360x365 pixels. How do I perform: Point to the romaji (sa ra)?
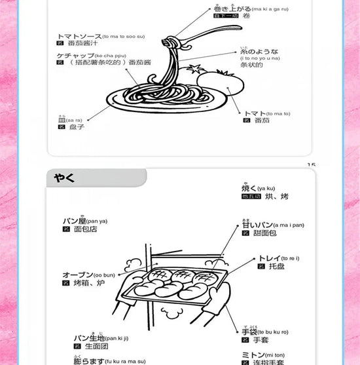pyautogui.click(x=75, y=121)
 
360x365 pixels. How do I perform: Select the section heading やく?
pyautogui.click(x=65, y=178)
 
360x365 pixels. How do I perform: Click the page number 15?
pyautogui.click(x=311, y=165)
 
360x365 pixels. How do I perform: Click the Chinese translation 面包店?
pyautogui.click(x=85, y=229)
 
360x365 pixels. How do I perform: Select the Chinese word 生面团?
pyautogui.click(x=90, y=345)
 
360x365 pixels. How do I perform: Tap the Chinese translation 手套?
pyautogui.click(x=261, y=340)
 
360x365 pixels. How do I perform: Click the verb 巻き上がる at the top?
pyautogui.click(x=228, y=9)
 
